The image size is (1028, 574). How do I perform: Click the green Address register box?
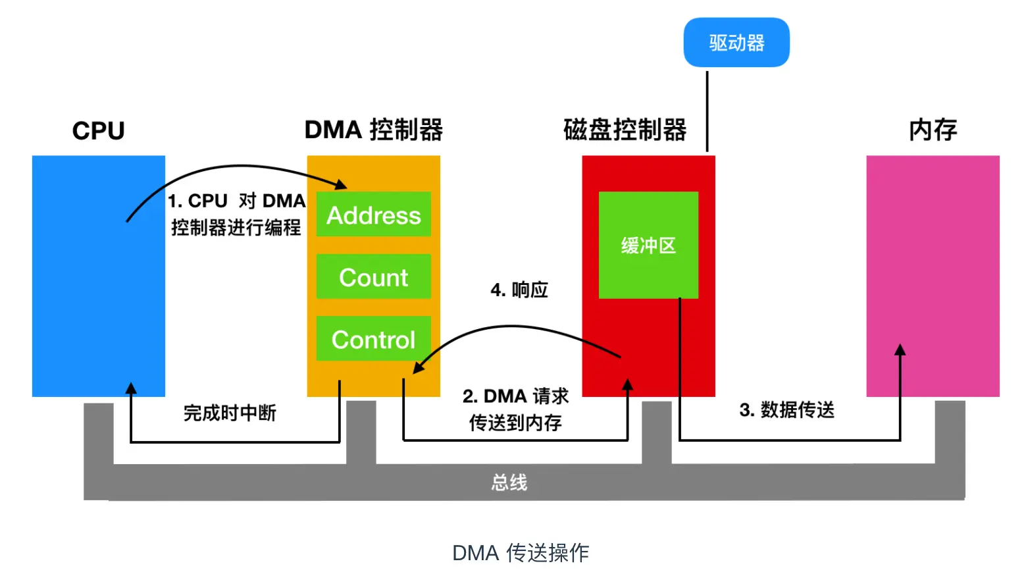click(x=373, y=215)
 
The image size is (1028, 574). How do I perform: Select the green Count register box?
click(x=373, y=277)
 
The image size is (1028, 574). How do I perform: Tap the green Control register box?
click(x=373, y=339)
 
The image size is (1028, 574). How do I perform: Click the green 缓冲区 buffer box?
click(x=648, y=246)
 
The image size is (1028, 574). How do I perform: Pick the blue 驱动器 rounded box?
click(x=736, y=43)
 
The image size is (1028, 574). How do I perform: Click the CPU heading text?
click(x=98, y=130)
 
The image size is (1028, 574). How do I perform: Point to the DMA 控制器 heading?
click(x=373, y=130)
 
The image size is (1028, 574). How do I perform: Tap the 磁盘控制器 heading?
click(x=625, y=130)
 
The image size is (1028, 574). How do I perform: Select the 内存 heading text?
click(x=933, y=130)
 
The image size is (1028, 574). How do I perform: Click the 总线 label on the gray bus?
click(x=509, y=483)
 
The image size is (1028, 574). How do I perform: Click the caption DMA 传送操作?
click(x=520, y=552)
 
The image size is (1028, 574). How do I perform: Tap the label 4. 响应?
click(x=519, y=290)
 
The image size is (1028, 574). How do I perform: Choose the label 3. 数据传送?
click(x=786, y=409)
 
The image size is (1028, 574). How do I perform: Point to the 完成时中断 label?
click(x=230, y=413)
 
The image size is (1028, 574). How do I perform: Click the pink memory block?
click(x=933, y=276)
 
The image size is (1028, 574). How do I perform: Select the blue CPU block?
click(x=98, y=276)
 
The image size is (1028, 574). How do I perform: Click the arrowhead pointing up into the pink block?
click(x=900, y=350)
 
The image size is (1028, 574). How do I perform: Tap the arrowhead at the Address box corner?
click(x=341, y=185)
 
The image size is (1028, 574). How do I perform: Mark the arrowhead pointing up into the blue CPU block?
click(x=131, y=388)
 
